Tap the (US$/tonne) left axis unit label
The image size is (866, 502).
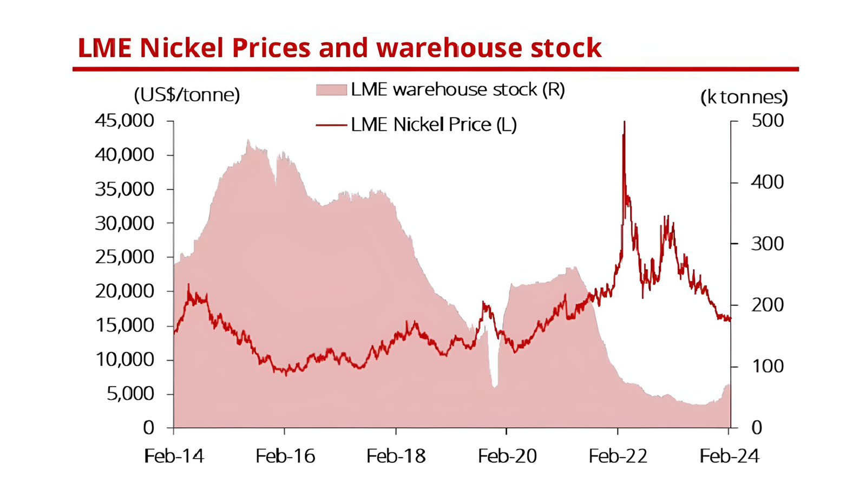click(x=187, y=95)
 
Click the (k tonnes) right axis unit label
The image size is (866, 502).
click(x=744, y=97)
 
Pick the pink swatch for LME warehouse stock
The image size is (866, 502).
click(x=331, y=90)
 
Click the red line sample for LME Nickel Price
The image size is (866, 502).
click(x=331, y=125)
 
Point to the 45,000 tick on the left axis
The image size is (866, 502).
click(x=124, y=121)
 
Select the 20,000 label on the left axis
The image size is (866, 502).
click(x=124, y=291)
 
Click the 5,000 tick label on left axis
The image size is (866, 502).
click(x=130, y=394)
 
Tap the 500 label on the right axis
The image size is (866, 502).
click(x=767, y=121)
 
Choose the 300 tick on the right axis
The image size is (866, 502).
click(x=767, y=244)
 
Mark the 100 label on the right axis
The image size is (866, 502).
click(x=767, y=367)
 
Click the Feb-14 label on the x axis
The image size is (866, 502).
click(x=174, y=457)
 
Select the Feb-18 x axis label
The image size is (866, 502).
click(x=396, y=457)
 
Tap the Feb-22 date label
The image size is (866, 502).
click(x=618, y=457)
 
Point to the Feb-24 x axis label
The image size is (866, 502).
click(x=729, y=457)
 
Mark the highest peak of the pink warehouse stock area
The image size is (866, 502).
click(x=248, y=142)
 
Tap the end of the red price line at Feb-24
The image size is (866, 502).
click(x=730, y=319)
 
